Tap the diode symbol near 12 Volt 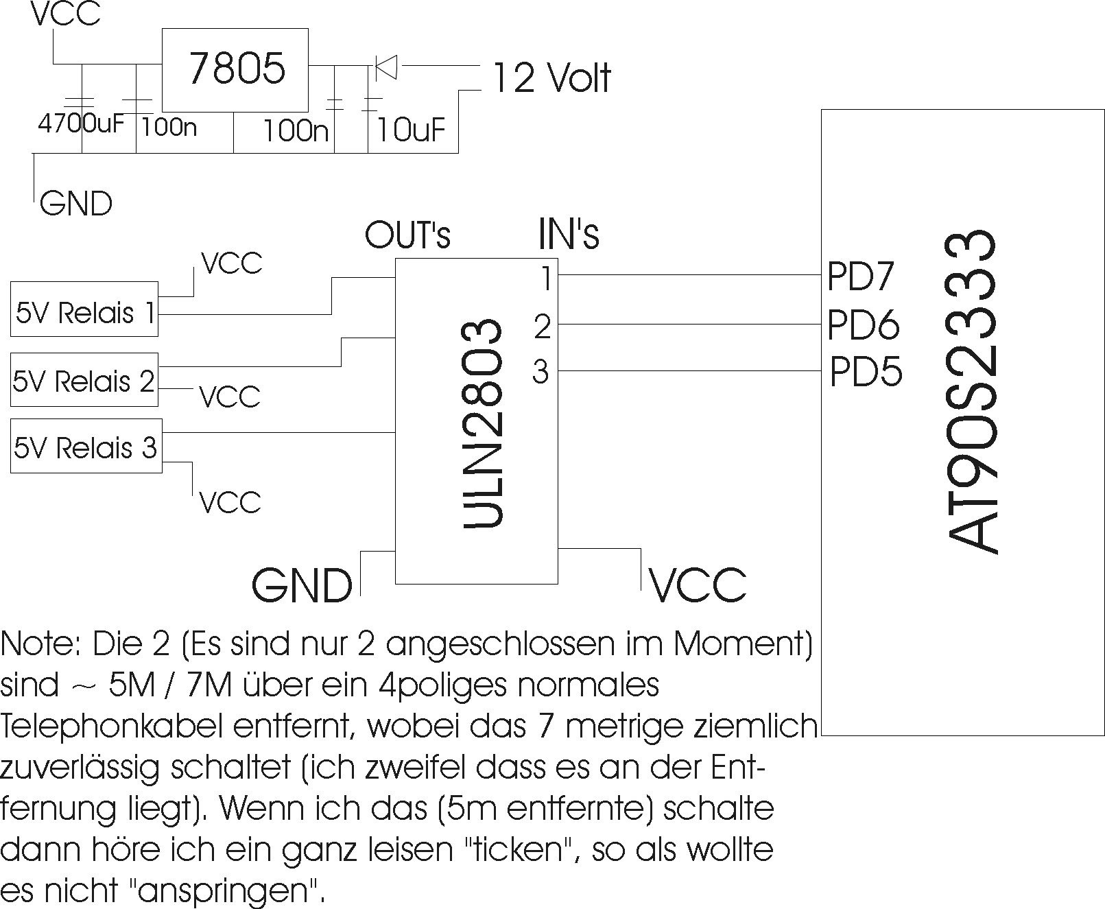[x=386, y=67]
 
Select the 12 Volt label [x=551, y=78]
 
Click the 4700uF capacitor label [x=81, y=123]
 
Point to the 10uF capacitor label [x=410, y=130]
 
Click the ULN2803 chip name [x=482, y=423]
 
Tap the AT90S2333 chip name [x=971, y=392]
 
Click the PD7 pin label [x=860, y=276]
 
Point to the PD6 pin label [x=863, y=324]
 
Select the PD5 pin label [x=866, y=371]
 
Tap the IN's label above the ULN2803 [x=569, y=234]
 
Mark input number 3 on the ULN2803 [x=540, y=371]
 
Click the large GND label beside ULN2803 [x=302, y=585]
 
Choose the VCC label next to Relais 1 [x=232, y=263]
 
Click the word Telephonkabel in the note [x=112, y=727]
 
